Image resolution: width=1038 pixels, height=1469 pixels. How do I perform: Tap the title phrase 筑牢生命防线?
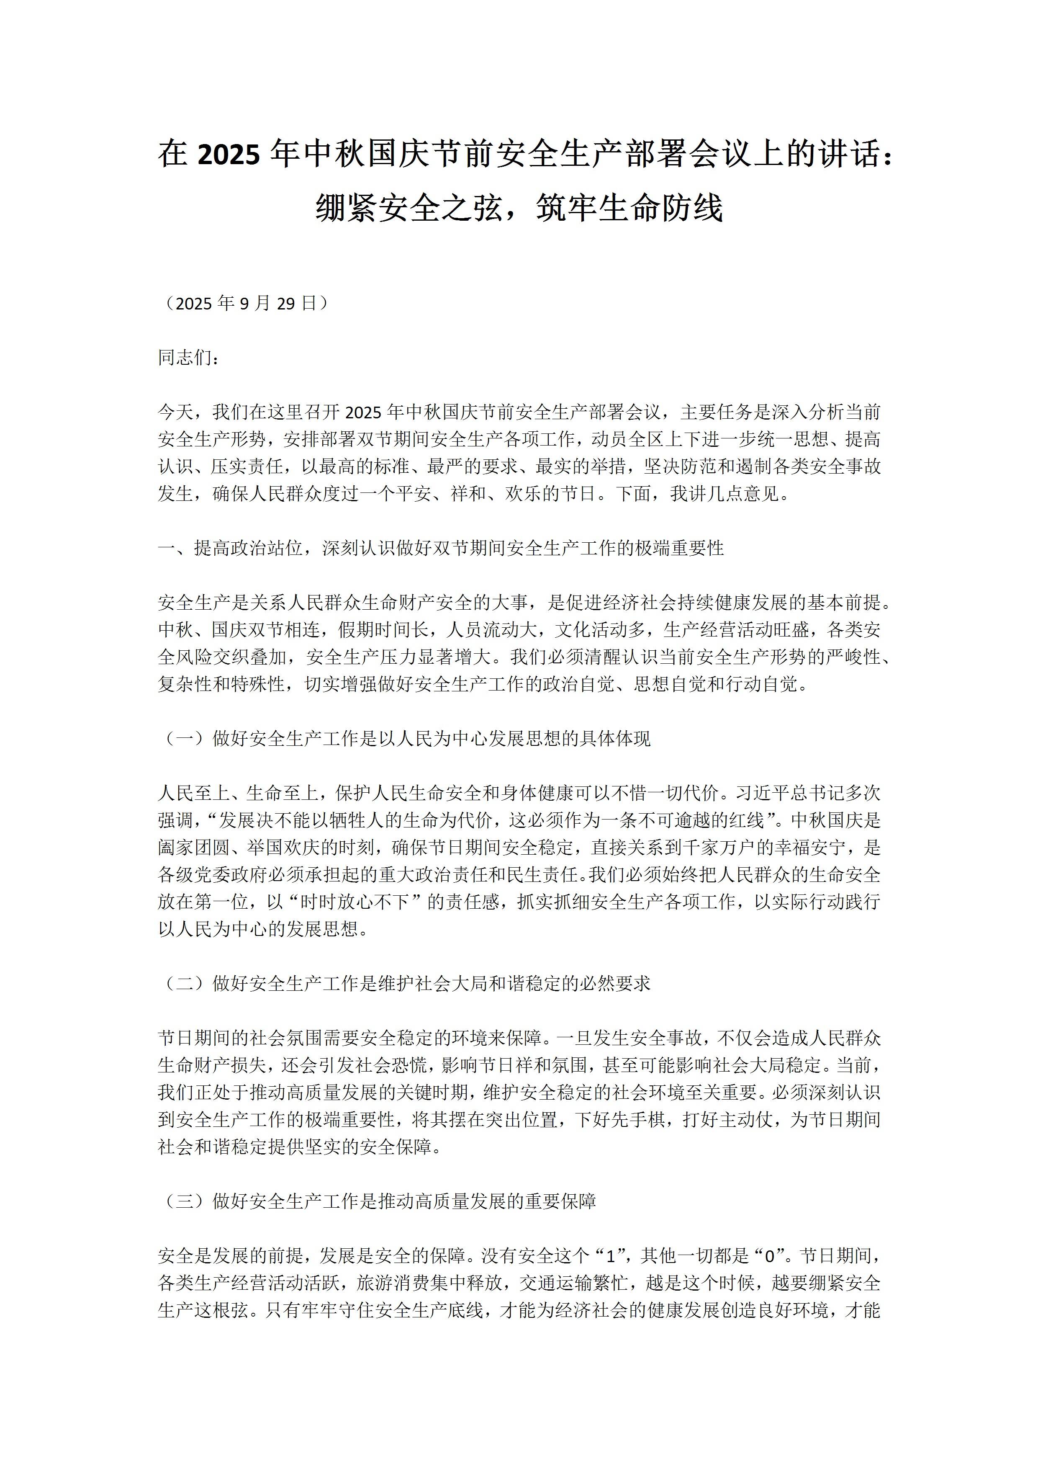click(x=629, y=208)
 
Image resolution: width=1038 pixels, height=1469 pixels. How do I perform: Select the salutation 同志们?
click(x=185, y=358)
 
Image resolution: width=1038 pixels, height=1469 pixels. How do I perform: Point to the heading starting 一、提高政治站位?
click(x=441, y=548)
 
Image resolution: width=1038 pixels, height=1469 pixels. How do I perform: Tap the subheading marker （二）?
click(x=185, y=983)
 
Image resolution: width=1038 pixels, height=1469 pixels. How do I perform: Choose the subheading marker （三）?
click(x=185, y=1201)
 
